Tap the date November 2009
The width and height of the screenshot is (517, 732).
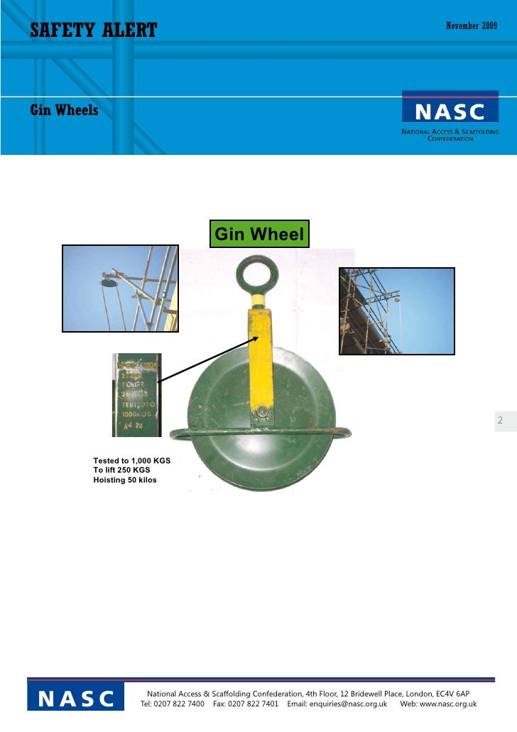pyautogui.click(x=472, y=26)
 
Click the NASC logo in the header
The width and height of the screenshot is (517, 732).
pyautogui.click(x=450, y=112)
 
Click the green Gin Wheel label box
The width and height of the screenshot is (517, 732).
pyautogui.click(x=259, y=234)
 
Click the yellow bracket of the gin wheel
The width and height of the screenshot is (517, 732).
pyautogui.click(x=260, y=355)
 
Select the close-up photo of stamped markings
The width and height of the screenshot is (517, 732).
pyautogui.click(x=137, y=394)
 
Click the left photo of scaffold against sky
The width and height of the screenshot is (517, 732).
pyautogui.click(x=120, y=288)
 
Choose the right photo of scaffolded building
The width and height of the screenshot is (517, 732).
pyautogui.click(x=396, y=311)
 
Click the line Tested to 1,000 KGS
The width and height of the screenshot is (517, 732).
pyautogui.click(x=132, y=461)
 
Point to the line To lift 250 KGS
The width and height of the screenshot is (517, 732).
pyautogui.click(x=121, y=470)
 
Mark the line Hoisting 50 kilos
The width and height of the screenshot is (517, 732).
pyautogui.click(x=125, y=480)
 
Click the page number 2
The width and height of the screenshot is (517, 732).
pyautogui.click(x=500, y=421)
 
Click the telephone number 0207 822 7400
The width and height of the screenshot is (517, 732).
pyautogui.click(x=180, y=704)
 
